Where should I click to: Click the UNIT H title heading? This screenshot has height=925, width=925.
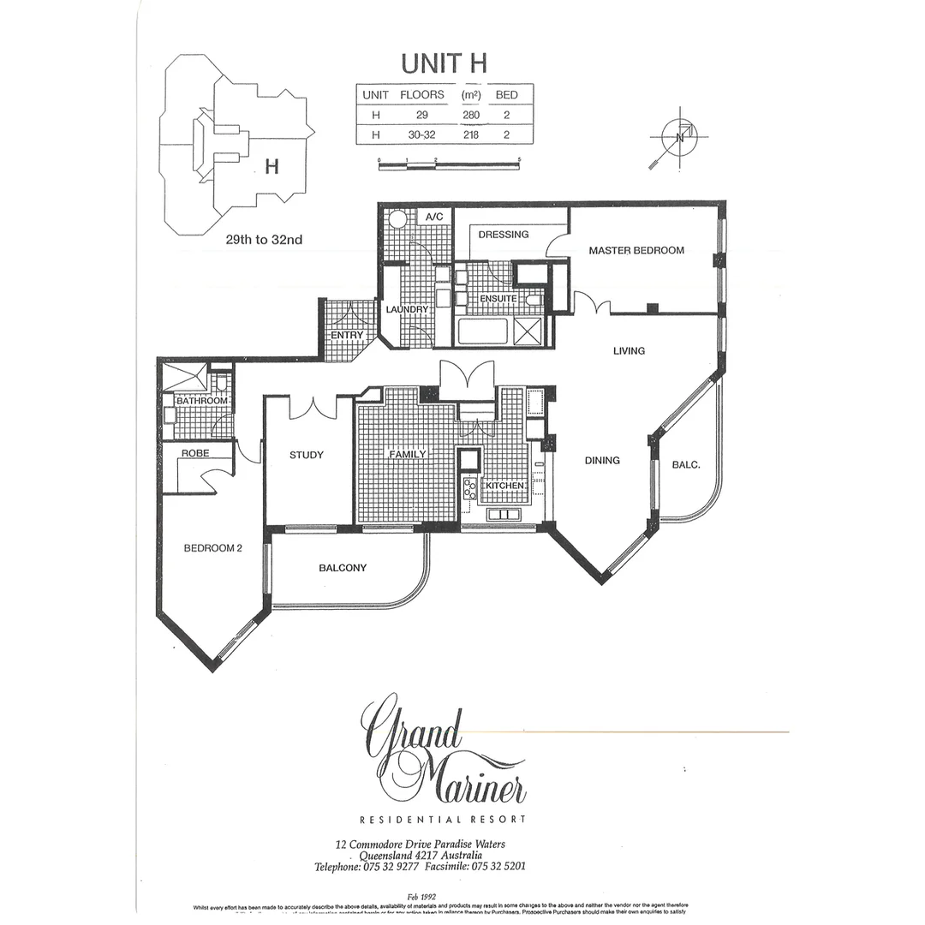(445, 63)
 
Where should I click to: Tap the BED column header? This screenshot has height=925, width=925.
(507, 95)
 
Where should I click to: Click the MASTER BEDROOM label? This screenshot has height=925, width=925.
(636, 250)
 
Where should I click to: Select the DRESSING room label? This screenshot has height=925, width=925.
(503, 234)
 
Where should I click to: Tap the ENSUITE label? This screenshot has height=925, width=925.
(498, 299)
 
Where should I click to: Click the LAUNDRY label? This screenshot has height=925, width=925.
(407, 309)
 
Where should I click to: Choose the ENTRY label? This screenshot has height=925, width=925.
(347, 335)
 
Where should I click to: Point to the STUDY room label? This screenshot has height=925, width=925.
(306, 455)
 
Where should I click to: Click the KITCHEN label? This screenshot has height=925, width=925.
(504, 486)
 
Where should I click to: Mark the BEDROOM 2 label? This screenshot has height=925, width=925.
(213, 548)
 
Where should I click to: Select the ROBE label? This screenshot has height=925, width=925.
(195, 452)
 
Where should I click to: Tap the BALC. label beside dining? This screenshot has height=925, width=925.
(686, 465)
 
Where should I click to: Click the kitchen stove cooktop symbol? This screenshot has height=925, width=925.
(470, 488)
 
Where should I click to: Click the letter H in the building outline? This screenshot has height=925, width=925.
(272, 167)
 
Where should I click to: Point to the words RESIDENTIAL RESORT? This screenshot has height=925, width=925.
(443, 820)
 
